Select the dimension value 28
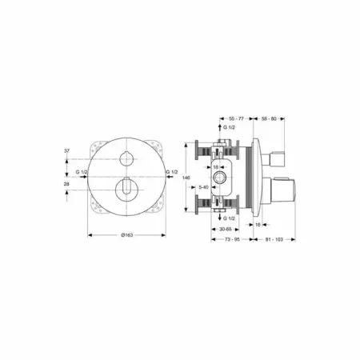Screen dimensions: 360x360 click(68, 183)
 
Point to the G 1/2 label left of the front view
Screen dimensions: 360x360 click(82, 172)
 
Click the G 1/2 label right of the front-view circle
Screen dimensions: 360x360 click(171, 172)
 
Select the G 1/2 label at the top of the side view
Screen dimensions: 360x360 click(229, 128)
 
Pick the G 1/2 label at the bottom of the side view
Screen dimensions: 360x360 click(228, 218)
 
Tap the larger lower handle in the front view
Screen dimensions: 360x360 click(126, 188)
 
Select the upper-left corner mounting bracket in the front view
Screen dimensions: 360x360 click(94, 147)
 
